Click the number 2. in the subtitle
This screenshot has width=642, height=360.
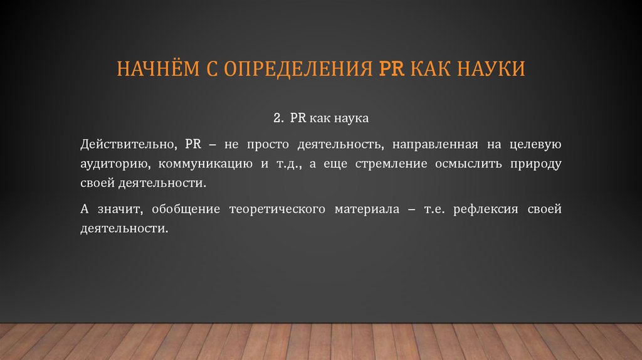click(x=279, y=118)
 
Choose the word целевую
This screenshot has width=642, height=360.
click(x=536, y=144)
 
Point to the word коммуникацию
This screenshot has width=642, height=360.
click(x=199, y=164)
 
